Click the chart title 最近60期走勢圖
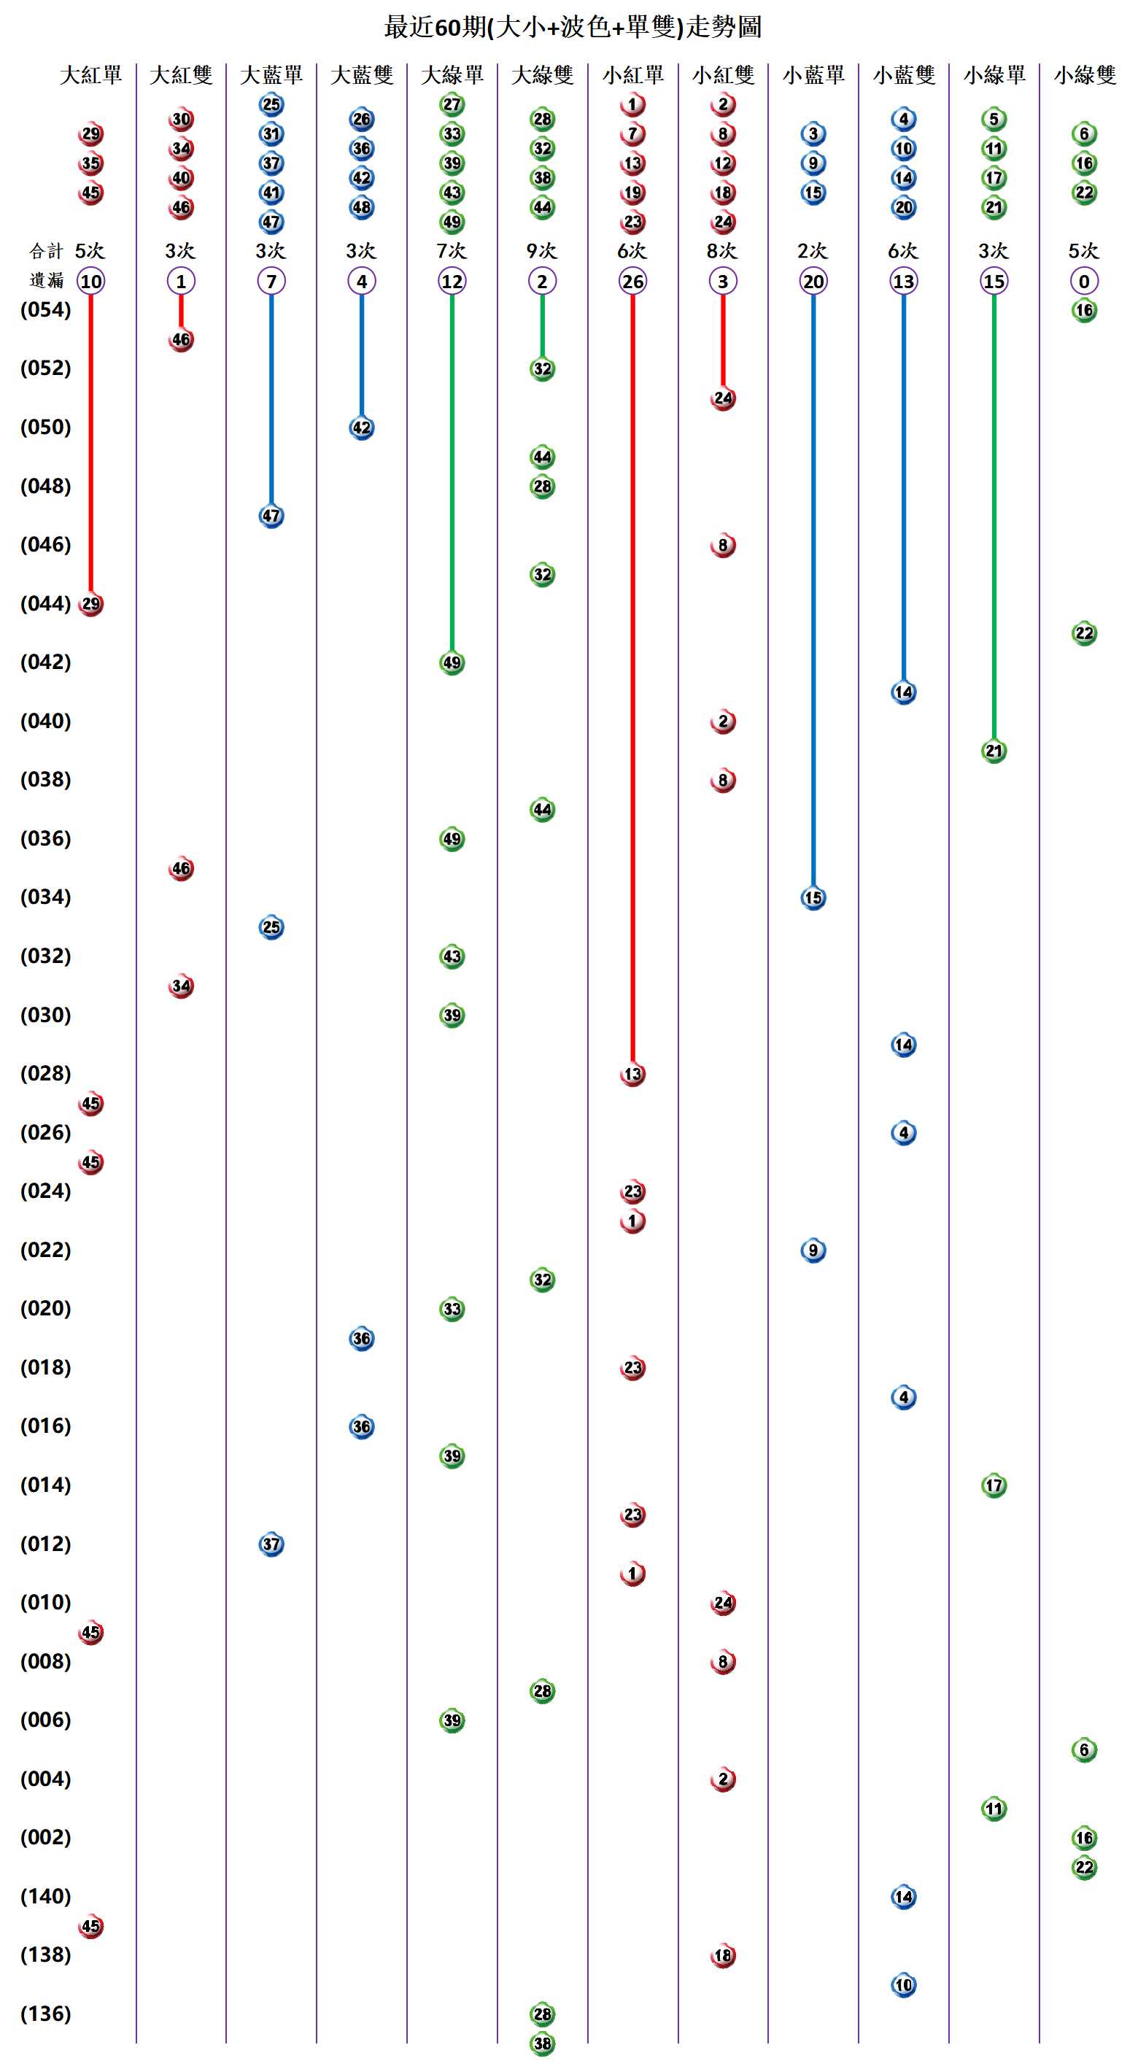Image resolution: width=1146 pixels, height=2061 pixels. (573, 27)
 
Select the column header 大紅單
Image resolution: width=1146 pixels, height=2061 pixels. (90, 75)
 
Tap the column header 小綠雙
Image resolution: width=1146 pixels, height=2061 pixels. (1085, 75)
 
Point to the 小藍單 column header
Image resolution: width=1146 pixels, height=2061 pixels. (813, 75)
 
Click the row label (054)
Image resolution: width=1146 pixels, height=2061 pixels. (45, 309)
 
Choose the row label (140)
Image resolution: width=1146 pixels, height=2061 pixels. (45, 1896)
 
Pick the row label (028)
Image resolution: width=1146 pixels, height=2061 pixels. (45, 1073)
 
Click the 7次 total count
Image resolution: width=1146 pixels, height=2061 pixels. (452, 251)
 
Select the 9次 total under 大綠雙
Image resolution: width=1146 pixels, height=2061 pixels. (542, 251)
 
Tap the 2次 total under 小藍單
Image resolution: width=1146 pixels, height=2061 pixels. (813, 251)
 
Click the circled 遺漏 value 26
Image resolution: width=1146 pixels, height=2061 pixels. (632, 282)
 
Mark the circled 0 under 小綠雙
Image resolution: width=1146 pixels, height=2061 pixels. (1085, 282)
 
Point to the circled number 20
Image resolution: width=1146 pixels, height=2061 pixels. (813, 282)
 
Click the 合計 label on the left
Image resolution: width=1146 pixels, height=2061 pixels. (45, 251)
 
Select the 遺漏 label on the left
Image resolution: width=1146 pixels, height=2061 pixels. (45, 281)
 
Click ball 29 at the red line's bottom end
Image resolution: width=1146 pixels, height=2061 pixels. (91, 604)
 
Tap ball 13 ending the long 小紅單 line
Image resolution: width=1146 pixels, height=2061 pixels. (632, 1075)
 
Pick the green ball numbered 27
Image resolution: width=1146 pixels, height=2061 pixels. (452, 105)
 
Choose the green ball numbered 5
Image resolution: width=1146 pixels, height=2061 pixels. (994, 119)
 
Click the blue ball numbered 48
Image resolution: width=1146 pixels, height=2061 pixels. (362, 207)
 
